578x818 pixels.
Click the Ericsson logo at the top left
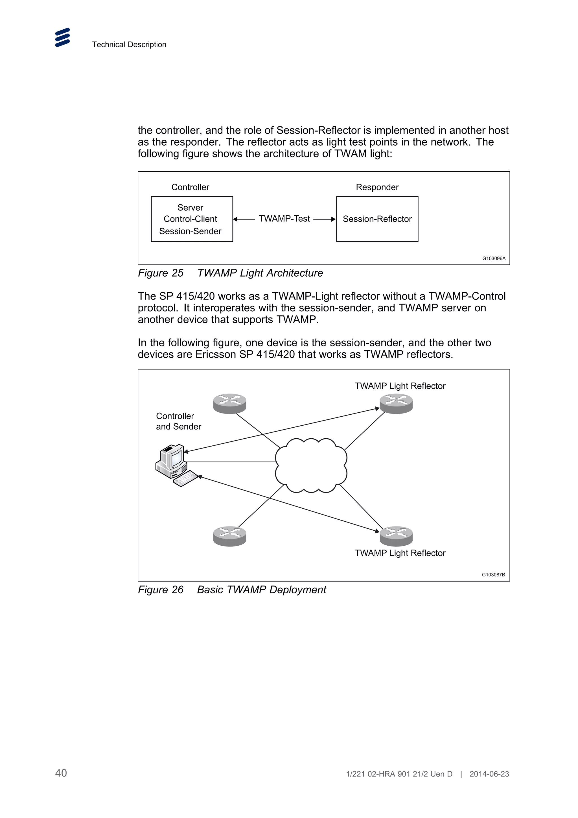(x=62, y=38)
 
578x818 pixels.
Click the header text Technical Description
(x=129, y=45)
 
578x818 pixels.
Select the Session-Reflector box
(x=377, y=219)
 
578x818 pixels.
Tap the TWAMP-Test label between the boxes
(x=284, y=219)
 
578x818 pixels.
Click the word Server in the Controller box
(x=190, y=207)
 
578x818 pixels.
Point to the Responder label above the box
(x=377, y=187)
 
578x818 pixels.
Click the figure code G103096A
(x=494, y=258)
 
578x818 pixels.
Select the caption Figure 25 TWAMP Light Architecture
(x=230, y=273)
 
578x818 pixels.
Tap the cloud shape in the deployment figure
(x=311, y=465)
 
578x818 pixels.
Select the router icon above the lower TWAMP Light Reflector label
(x=396, y=536)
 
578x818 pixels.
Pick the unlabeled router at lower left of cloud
(x=230, y=536)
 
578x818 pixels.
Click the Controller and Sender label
(x=178, y=421)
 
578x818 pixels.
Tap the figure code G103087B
(x=493, y=575)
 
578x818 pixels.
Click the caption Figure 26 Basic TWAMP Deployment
(x=232, y=590)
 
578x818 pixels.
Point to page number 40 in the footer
(x=61, y=773)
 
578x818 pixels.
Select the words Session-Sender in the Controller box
(x=190, y=231)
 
